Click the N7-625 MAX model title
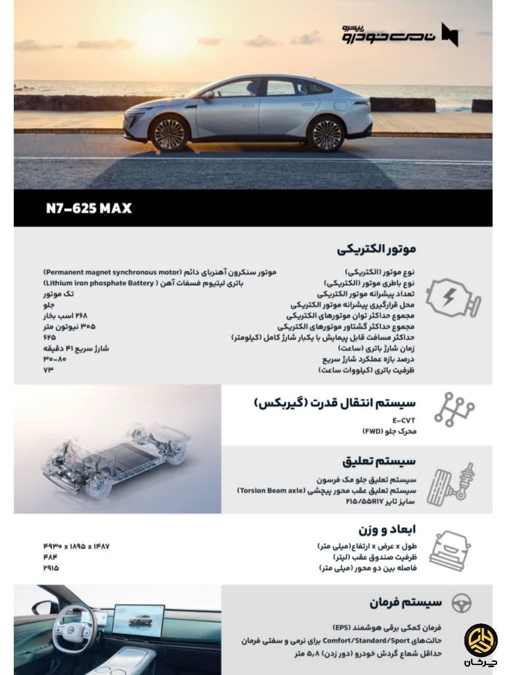coord(89,208)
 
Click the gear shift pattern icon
coord(454,409)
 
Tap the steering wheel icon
coord(462,603)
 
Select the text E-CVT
coord(404,421)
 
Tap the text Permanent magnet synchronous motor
coord(112,272)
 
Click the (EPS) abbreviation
coord(344,628)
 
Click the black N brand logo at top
coord(450,35)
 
